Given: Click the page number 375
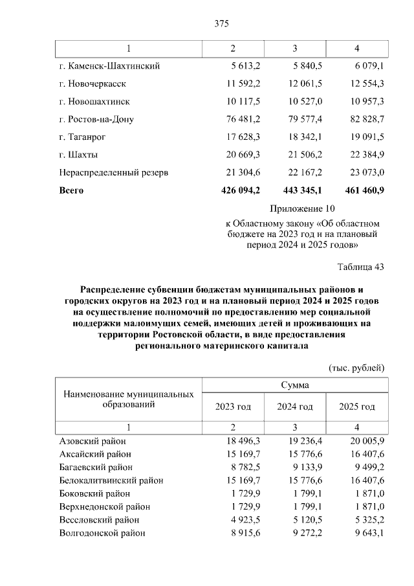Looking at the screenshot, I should click(221, 24).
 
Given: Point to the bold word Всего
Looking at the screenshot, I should click(71, 190).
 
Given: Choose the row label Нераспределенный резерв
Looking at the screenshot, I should click(114, 173).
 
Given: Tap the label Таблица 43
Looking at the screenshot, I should click(361, 267).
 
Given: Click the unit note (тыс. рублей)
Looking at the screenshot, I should click(357, 367).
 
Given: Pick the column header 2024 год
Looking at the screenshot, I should click(295, 407).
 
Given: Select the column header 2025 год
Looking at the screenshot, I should click(357, 407).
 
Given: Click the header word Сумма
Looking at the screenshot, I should click(294, 385).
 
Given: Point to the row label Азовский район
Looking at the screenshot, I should click(94, 440).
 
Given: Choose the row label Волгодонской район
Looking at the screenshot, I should click(102, 533).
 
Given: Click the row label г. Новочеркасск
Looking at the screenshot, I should click(92, 84).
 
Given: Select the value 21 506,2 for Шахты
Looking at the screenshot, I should click(301, 155).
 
